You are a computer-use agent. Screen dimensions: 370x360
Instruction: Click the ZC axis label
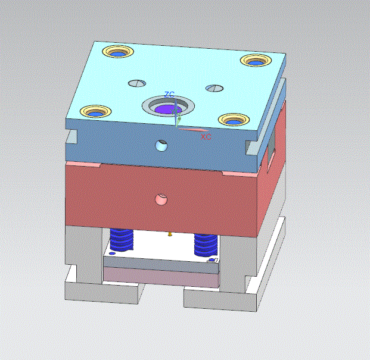coord(169,95)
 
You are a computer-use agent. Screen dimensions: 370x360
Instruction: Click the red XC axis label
coord(206,137)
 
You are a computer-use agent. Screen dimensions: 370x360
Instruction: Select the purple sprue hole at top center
coord(169,109)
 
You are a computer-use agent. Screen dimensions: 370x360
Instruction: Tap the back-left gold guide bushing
coord(118,52)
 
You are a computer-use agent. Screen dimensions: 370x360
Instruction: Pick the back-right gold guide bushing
coord(256,61)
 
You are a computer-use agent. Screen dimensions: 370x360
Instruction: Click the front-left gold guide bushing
coord(95,111)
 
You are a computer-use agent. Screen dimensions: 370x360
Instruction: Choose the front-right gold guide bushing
coord(234,120)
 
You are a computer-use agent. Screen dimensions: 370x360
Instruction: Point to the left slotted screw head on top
coord(137,83)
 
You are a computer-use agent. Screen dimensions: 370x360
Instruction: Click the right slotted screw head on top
coord(214,88)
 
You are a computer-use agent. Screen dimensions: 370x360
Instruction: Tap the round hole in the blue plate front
coord(161,146)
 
